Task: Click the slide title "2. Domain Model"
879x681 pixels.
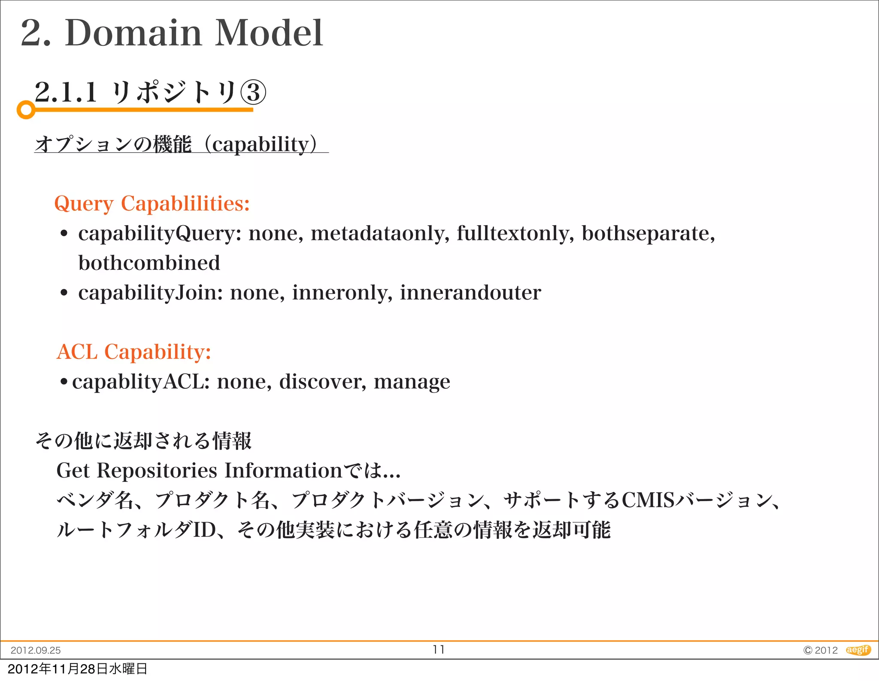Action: (172, 33)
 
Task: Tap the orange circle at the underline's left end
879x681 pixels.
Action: (26, 110)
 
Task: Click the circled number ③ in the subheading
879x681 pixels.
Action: (253, 93)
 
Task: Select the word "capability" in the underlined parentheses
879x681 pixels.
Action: (261, 144)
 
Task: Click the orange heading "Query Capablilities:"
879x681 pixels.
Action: (152, 203)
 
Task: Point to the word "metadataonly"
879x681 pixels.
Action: (379, 234)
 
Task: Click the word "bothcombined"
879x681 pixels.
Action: (149, 263)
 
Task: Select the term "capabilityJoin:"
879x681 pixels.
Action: (151, 293)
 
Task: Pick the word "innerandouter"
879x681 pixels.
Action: (470, 293)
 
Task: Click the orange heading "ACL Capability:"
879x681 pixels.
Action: (134, 352)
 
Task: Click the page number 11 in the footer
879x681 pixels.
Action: (439, 650)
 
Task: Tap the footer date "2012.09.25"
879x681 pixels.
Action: (36, 651)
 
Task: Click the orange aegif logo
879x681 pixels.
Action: (858, 650)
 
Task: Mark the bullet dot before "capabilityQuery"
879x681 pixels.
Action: (64, 234)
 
